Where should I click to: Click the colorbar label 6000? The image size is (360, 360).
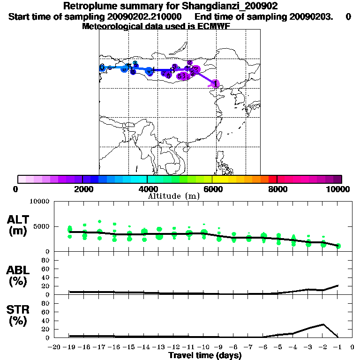click(x=212, y=189)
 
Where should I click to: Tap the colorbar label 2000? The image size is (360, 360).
click(x=82, y=189)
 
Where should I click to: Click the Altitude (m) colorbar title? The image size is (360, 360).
click(x=173, y=196)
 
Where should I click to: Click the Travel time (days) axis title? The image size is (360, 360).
click(x=205, y=356)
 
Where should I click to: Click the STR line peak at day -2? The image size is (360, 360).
click(x=323, y=324)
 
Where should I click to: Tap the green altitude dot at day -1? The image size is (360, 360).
click(x=338, y=246)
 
